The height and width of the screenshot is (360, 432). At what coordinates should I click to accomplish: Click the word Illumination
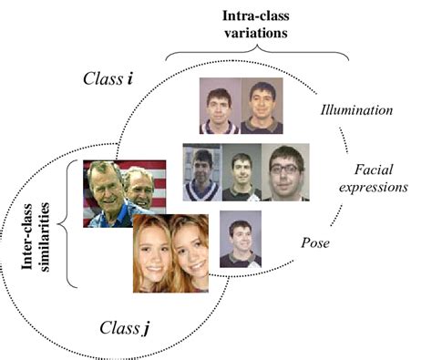tap(356, 111)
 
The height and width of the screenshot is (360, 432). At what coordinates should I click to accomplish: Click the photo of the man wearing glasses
tap(286, 171)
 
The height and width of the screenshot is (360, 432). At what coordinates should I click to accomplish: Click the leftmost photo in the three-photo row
tap(202, 171)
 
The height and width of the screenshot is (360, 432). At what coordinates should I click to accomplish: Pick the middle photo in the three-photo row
tap(242, 171)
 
